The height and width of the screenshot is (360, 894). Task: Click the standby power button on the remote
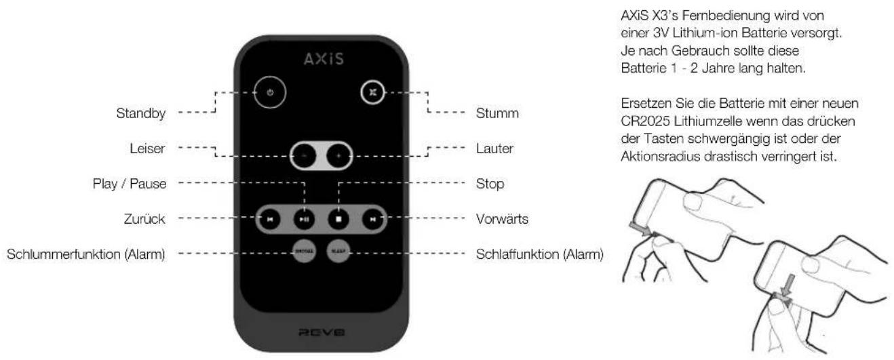(270, 93)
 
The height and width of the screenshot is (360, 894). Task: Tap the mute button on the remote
(372, 93)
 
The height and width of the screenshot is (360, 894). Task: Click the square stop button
(337, 219)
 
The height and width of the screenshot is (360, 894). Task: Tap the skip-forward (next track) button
(372, 219)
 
